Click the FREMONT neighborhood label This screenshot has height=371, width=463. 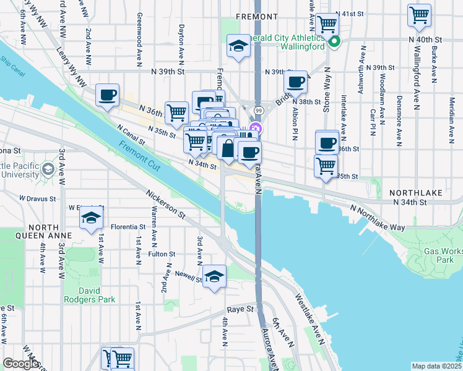(x=256, y=17)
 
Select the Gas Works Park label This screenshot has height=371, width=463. (x=444, y=255)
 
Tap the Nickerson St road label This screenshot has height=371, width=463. (x=166, y=204)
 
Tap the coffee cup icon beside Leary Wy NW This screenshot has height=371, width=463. (x=108, y=95)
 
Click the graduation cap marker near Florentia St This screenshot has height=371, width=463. (x=90, y=218)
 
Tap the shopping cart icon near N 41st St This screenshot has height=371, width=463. (x=326, y=24)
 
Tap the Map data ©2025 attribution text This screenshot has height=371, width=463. (x=436, y=366)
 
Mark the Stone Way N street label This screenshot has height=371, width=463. (x=326, y=104)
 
